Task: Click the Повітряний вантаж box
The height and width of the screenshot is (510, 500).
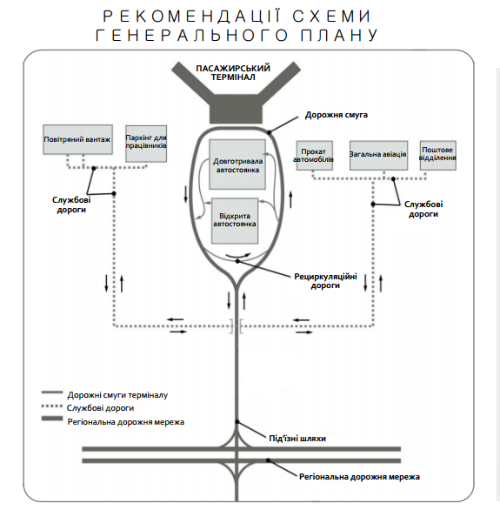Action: coord(78,139)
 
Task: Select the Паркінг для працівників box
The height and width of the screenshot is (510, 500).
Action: coord(146,144)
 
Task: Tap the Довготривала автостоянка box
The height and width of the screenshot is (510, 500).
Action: coord(237,164)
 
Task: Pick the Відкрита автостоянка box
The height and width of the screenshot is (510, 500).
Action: coord(235,221)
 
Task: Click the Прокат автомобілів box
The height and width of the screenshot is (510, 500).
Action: coord(315,156)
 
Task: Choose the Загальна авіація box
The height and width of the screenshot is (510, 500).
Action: coord(378,156)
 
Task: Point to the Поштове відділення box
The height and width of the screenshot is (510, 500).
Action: coord(438,156)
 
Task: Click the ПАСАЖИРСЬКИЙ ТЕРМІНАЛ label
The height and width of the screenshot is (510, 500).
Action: coord(233,73)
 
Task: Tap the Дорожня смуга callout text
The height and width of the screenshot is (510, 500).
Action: coord(337,115)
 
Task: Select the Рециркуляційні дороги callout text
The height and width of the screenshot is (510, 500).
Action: coord(325,281)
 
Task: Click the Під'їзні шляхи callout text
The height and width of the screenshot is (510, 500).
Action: coord(297,439)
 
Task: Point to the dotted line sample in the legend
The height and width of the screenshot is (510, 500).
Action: coord(52,406)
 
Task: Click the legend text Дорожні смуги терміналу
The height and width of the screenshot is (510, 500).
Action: coord(117,395)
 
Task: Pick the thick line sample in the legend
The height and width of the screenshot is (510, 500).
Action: coord(52,419)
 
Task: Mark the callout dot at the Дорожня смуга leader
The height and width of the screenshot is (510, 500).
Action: coord(269,132)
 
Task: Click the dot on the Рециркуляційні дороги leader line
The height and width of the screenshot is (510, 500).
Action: coord(237,261)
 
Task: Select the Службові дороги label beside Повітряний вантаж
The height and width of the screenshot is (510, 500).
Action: coord(71,205)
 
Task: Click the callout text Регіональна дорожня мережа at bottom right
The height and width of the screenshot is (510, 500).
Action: coord(359,477)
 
